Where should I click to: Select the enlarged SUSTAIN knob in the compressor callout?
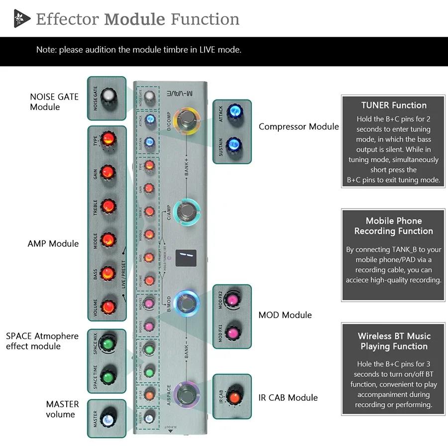(232, 145)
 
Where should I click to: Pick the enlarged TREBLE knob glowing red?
(108, 206)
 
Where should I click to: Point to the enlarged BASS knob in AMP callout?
(108, 273)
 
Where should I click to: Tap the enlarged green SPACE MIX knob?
(108, 343)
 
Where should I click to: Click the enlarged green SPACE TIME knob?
(108, 374)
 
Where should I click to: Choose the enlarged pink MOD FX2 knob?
(232, 300)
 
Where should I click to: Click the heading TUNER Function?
(394, 106)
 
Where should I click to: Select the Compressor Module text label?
(299, 126)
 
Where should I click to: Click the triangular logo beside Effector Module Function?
(21, 19)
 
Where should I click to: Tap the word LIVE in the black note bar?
(210, 50)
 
